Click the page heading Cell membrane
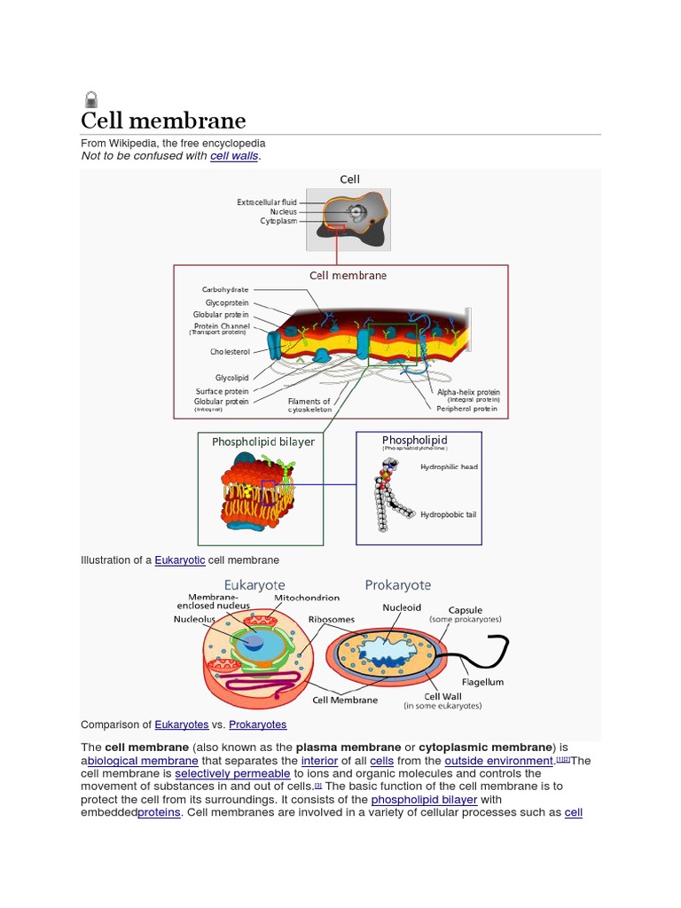163,121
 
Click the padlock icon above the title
90,99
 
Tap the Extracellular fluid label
267,202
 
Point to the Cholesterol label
230,352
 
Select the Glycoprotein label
227,302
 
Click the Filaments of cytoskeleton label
309,405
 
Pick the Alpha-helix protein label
468,392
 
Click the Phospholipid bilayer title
262,442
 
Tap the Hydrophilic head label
449,466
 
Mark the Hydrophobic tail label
449,514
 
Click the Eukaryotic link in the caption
180,560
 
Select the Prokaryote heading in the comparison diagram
398,585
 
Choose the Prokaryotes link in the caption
258,724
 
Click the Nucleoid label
402,607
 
